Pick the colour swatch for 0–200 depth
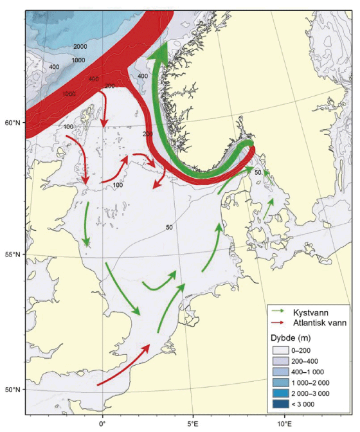pyautogui.click(x=280, y=350)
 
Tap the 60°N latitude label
pyautogui.click(x=14, y=122)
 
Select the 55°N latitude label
pyautogui.click(x=14, y=255)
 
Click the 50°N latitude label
pyautogui.click(x=14, y=390)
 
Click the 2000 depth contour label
pyautogui.click(x=80, y=47)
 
